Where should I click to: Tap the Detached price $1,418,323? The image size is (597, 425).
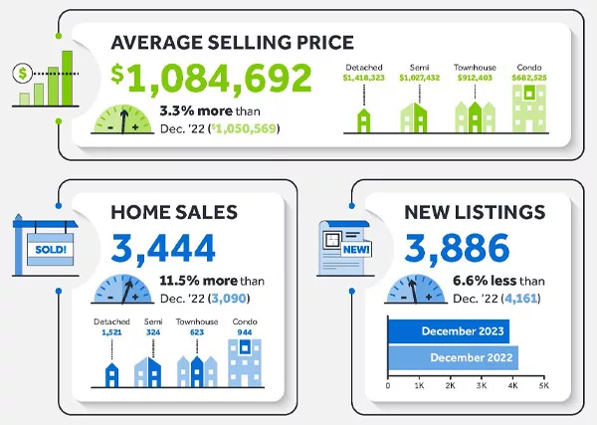pyautogui.click(x=363, y=77)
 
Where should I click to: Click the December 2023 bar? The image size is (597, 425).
pyautogui.click(x=448, y=332)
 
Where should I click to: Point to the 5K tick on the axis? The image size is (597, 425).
pyautogui.click(x=543, y=384)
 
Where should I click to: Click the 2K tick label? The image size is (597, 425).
pyautogui.click(x=450, y=384)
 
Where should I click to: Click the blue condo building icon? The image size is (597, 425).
pyautogui.click(x=243, y=365)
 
